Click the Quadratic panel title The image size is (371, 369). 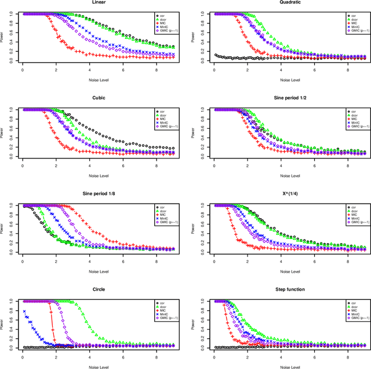click(288, 2)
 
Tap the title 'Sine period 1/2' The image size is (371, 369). click(288, 98)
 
